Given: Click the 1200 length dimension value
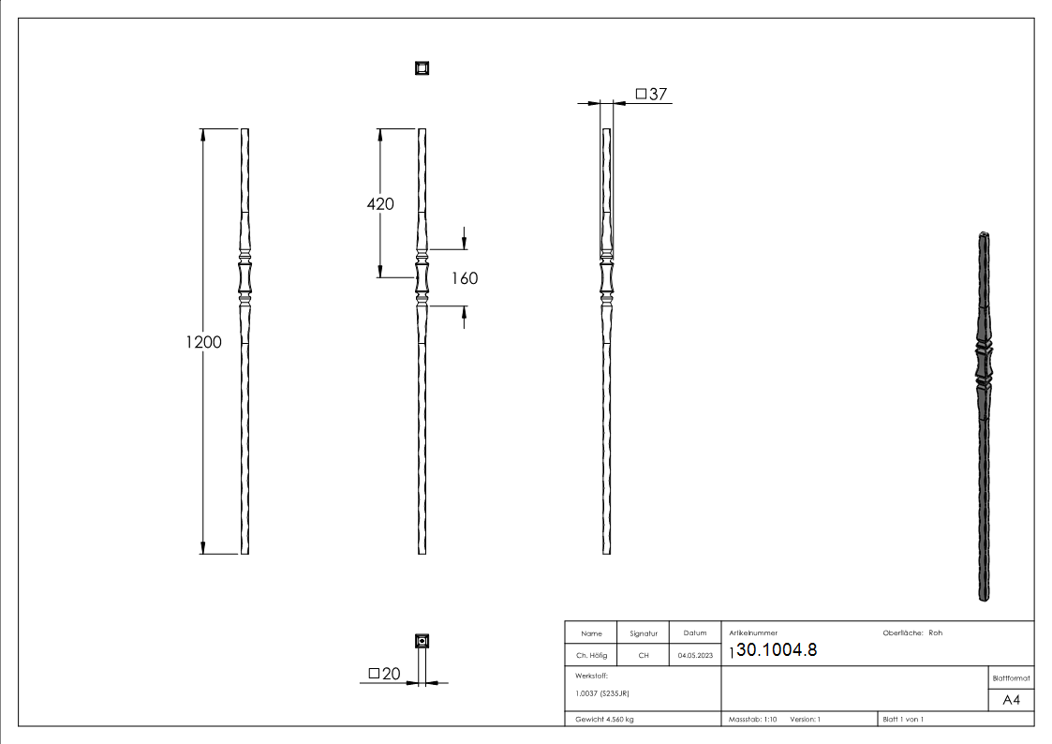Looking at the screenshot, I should click(203, 342).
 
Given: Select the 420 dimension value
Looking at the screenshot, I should click(379, 204).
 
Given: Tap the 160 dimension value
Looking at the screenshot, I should click(464, 278).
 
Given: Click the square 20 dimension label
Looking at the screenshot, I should click(384, 674).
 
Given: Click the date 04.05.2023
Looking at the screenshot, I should click(694, 655).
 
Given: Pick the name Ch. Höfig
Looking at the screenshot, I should click(590, 655).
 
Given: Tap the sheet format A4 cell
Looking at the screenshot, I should click(1011, 700).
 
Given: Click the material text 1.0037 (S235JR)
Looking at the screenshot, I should click(602, 692).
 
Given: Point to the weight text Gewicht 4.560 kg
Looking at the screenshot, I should click(605, 719).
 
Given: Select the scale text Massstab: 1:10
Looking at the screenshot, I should click(752, 719).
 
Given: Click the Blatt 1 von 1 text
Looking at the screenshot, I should click(903, 719).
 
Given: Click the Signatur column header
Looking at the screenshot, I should click(643, 633).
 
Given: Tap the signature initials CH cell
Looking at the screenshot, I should click(643, 655).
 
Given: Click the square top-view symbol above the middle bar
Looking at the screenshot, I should click(422, 67).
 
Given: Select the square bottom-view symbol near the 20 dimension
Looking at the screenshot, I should click(422, 641).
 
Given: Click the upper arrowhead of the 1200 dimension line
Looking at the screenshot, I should click(203, 134).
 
